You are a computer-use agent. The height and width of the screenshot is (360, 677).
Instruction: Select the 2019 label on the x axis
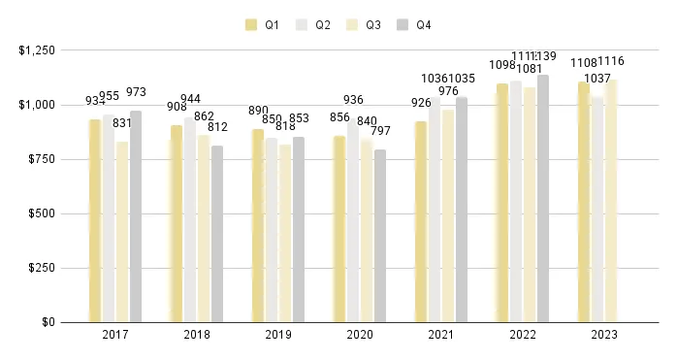(x=277, y=335)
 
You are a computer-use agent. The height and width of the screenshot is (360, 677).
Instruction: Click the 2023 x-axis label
(x=603, y=335)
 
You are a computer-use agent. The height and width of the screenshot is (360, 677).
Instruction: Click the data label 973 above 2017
(x=136, y=92)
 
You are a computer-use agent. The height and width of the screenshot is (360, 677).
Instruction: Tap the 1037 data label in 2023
(x=597, y=79)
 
